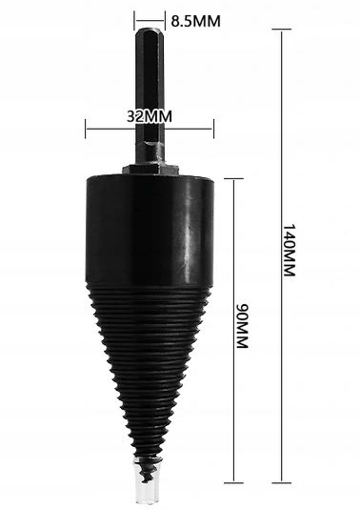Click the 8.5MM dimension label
pyautogui.click(x=191, y=18)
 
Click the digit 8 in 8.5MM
pyautogui.click(x=175, y=18)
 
